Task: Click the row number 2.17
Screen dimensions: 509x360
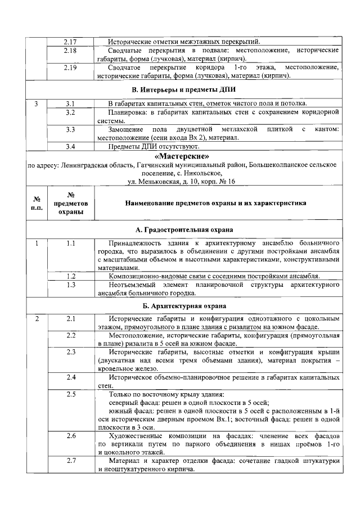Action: [x=70, y=42]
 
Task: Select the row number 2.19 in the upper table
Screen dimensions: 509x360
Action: [x=70, y=68]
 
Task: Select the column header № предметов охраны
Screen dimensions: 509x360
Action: [x=70, y=203]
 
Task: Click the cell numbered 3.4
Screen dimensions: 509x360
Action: [x=70, y=147]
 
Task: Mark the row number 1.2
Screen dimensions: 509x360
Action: [x=70, y=276]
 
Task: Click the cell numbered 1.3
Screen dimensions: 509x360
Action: [x=70, y=285]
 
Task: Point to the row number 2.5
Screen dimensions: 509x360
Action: [x=70, y=394]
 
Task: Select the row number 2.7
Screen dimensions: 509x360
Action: [x=70, y=461]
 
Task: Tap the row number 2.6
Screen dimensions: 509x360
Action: [x=70, y=436]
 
